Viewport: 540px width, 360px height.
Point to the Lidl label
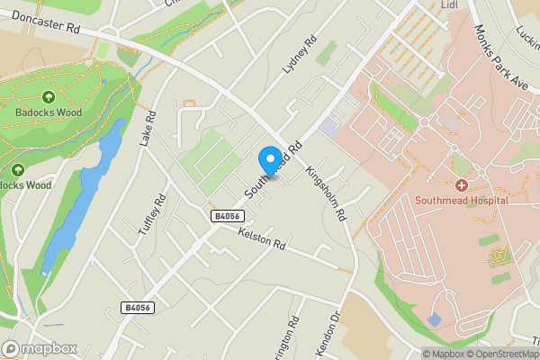click(x=451, y=5)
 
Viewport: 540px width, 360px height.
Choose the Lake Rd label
click(x=148, y=130)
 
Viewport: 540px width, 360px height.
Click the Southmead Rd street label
click(x=273, y=166)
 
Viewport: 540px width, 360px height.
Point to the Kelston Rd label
click(x=262, y=238)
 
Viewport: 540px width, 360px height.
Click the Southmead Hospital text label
click(x=462, y=200)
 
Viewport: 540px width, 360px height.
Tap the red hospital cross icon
click(x=461, y=184)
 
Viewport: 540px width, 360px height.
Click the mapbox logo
click(x=40, y=348)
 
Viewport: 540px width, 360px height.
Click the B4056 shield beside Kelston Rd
click(x=228, y=216)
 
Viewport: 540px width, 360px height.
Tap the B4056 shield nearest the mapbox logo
click(x=138, y=308)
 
